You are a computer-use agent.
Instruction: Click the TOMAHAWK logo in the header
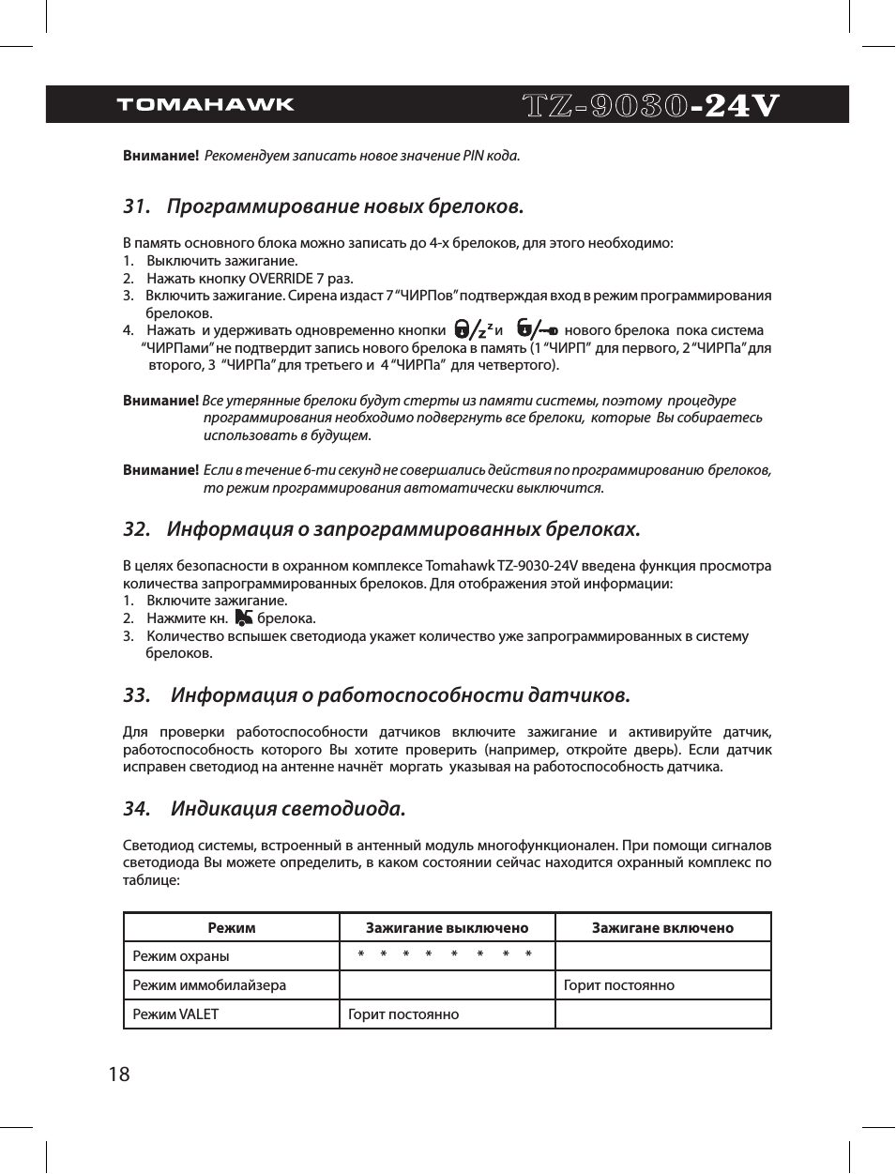click(x=205, y=104)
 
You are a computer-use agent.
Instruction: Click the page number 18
click(x=119, y=1075)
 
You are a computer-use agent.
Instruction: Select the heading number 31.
click(x=137, y=206)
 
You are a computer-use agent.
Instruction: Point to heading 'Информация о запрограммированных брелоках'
click(x=403, y=529)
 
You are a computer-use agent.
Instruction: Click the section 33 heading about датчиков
click(x=401, y=695)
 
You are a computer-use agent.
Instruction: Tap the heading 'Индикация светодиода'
click(x=288, y=809)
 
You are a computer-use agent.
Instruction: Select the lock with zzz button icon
click(x=473, y=329)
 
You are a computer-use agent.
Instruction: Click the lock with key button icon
click(x=537, y=329)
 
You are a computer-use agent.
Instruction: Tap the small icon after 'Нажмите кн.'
click(x=244, y=617)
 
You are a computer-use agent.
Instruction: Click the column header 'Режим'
click(x=232, y=928)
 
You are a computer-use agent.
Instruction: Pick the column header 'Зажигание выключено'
click(x=447, y=928)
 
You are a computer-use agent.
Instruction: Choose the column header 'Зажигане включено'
click(x=662, y=928)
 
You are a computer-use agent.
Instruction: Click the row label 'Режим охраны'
click(x=181, y=956)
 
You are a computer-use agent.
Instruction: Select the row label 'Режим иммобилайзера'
click(x=209, y=985)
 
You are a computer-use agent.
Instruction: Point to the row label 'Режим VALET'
click(x=175, y=1014)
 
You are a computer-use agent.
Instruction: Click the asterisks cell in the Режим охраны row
click(x=446, y=955)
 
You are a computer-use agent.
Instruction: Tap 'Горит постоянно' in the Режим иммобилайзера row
click(x=619, y=985)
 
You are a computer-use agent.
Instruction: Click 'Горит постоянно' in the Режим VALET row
click(x=403, y=1014)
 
